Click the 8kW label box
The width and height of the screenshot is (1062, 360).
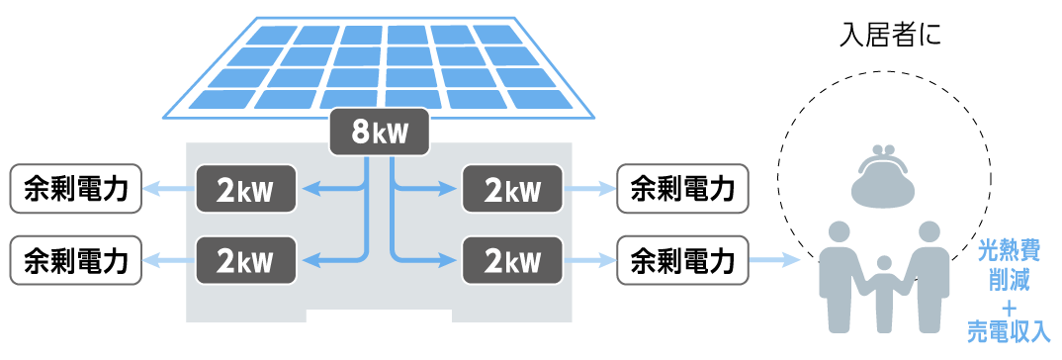pos(381,132)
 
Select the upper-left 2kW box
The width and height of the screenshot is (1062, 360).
pos(245,189)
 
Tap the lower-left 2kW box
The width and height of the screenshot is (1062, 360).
pos(245,260)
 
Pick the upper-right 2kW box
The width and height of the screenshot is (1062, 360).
pos(512,189)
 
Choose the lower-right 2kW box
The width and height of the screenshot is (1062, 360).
pos(512,260)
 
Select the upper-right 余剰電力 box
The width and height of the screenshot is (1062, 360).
pos(681,189)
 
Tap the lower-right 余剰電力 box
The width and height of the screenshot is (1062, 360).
pos(681,260)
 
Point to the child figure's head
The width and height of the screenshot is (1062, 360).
pos(884,264)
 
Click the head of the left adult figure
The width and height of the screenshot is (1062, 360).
pos(840,233)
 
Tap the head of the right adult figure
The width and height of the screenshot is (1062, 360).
pos(928,233)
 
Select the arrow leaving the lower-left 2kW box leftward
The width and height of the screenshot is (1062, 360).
pos(168,260)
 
